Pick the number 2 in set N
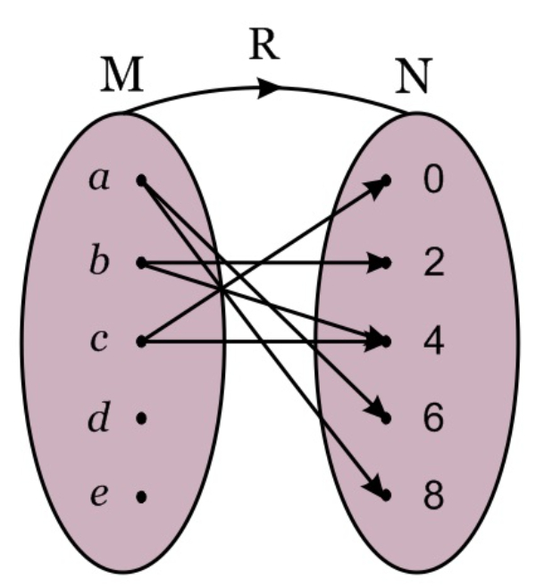coord(432,264)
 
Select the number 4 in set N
coord(432,341)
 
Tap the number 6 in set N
coord(432,418)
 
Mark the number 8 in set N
coord(432,496)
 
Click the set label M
coord(121,79)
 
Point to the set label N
coord(414,79)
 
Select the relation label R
coord(264,43)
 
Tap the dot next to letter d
coord(141,417)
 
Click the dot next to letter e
coord(141,495)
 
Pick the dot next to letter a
coord(141,180)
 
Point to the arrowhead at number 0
coord(382,182)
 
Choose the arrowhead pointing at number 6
coord(382,415)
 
